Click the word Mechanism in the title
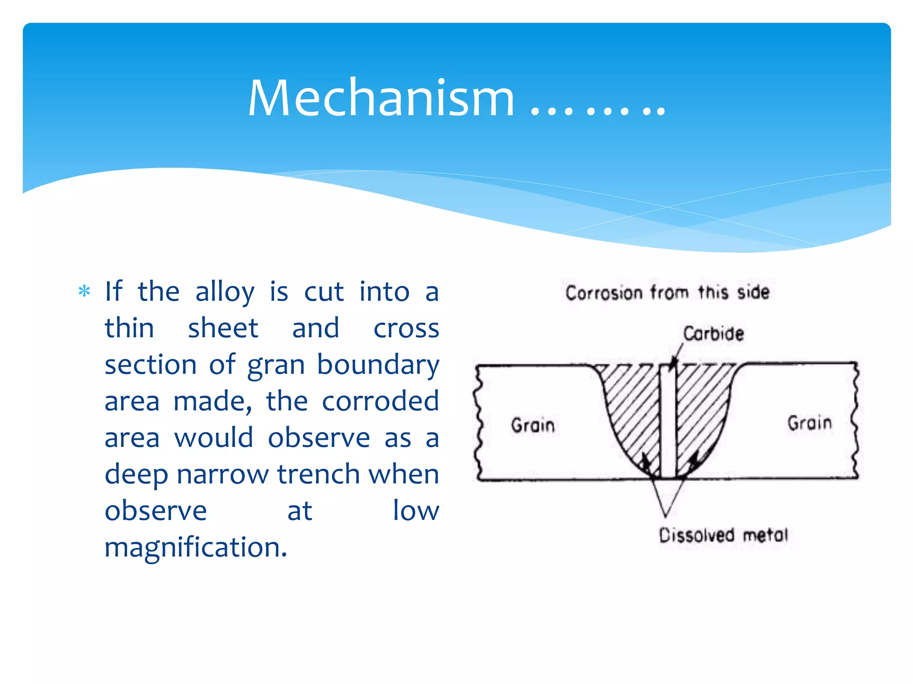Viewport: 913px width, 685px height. (381, 98)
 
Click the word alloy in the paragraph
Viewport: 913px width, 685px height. (225, 292)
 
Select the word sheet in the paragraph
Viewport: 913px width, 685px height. (223, 329)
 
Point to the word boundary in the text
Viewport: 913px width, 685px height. (378, 365)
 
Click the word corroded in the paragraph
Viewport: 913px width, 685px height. (380, 401)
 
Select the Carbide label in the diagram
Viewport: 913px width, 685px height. (714, 334)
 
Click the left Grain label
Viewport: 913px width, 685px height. (533, 425)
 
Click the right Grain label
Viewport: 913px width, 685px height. (810, 423)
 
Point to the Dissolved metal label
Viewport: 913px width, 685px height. (724, 535)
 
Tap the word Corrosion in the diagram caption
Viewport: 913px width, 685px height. (604, 293)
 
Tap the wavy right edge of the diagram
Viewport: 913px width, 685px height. (855, 421)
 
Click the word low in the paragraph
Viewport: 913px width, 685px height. (415, 511)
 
